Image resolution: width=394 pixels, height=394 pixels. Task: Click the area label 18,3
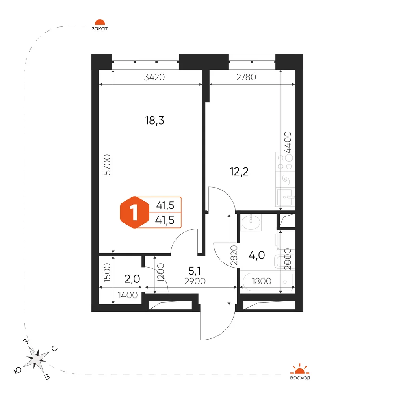(154, 121)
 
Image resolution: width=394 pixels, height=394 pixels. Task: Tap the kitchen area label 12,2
(239, 172)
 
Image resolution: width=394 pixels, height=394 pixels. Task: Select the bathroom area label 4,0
(257, 255)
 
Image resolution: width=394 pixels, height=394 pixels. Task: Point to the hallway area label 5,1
(195, 271)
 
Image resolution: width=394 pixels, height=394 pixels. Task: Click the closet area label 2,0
(132, 279)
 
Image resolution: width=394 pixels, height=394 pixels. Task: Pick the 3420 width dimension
(154, 77)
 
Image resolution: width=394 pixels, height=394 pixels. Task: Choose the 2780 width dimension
(246, 77)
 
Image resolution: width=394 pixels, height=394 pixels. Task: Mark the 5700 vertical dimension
(107, 165)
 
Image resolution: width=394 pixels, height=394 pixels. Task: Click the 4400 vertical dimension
(288, 142)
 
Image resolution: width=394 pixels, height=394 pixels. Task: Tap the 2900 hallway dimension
(195, 281)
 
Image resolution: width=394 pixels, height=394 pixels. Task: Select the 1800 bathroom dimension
(262, 281)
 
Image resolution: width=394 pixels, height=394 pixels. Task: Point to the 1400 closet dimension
(128, 295)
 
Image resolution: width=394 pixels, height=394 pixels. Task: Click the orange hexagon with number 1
(135, 212)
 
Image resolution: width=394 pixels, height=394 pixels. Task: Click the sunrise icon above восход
(300, 369)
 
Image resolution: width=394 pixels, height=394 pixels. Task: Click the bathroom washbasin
(251, 222)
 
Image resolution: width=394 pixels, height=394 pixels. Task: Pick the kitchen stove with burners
(285, 162)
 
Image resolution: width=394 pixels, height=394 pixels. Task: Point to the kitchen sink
(285, 197)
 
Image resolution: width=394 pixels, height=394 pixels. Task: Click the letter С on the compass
(54, 349)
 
